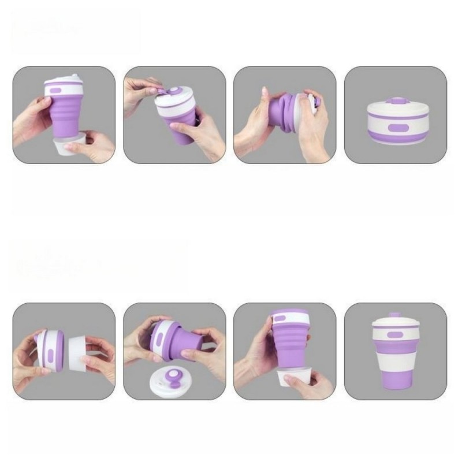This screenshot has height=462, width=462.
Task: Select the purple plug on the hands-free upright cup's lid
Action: [x=396, y=315]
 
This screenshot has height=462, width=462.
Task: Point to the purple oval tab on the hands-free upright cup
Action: [x=395, y=335]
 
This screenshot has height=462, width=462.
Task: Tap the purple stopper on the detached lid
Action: [x=173, y=379]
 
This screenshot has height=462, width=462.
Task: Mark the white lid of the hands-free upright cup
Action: [x=396, y=323]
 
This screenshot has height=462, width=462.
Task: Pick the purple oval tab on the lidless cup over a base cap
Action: [x=288, y=318]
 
